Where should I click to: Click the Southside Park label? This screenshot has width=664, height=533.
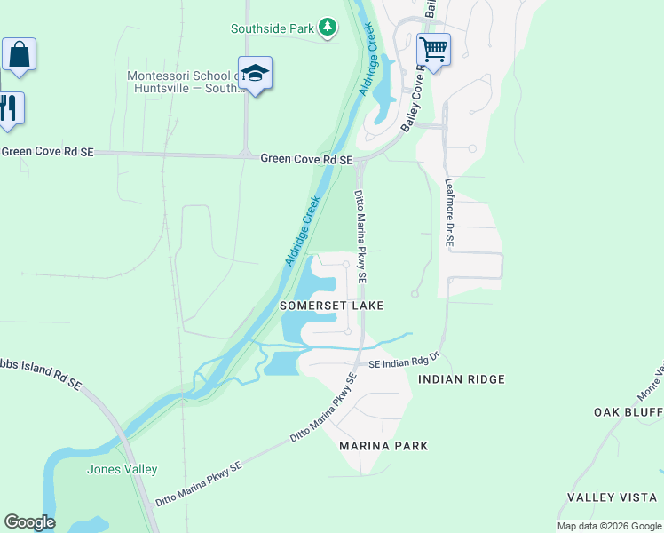273,28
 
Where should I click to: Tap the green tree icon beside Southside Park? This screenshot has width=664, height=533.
328,28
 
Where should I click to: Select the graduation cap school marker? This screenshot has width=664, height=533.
255,74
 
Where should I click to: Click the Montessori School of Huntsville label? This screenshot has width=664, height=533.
185,82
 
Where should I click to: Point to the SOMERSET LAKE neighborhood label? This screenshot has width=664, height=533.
332,306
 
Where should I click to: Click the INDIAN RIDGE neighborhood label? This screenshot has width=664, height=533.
461,379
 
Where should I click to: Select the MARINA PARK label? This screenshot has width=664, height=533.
383,446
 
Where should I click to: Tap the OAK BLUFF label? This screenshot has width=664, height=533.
628,412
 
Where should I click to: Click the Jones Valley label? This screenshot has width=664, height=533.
122,469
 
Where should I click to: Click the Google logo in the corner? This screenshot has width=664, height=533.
29,521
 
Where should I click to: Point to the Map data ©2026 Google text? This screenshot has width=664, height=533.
608,526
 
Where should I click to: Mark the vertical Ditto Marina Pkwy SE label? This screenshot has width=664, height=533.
360,235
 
